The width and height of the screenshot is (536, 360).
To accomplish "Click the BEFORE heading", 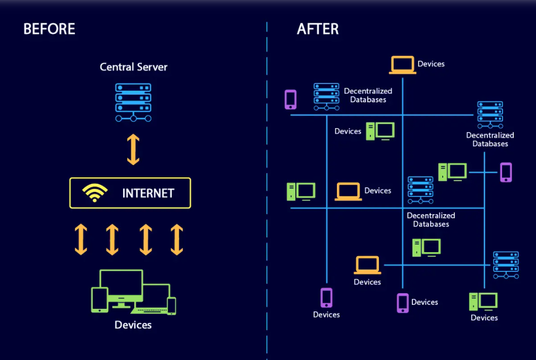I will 49,29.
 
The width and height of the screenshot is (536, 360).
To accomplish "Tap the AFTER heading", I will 318,29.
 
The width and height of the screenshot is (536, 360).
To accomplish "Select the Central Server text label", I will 133,67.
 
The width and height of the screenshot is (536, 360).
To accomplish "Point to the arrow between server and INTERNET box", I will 133,149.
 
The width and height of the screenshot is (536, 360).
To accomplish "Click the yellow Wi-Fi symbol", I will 95,193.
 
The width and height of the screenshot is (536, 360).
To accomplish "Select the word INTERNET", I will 148,193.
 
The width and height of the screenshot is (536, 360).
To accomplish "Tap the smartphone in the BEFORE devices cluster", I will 172,305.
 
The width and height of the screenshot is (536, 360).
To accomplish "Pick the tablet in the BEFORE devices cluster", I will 100,299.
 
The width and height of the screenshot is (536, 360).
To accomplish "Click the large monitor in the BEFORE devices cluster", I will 122,286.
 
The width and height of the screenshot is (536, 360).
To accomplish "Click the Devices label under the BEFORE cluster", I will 133,325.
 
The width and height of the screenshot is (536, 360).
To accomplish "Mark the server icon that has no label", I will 506,265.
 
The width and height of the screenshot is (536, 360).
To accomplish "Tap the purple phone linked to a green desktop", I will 506,172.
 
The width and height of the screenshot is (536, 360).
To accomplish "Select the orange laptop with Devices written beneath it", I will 367,265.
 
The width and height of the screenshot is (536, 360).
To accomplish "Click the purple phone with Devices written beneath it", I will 326,298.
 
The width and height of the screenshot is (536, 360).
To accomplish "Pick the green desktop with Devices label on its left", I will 380,131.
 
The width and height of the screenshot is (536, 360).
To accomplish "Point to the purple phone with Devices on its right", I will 402,303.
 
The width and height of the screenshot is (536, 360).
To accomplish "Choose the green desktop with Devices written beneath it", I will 483,302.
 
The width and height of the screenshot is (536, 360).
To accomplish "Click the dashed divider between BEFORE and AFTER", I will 266,203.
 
